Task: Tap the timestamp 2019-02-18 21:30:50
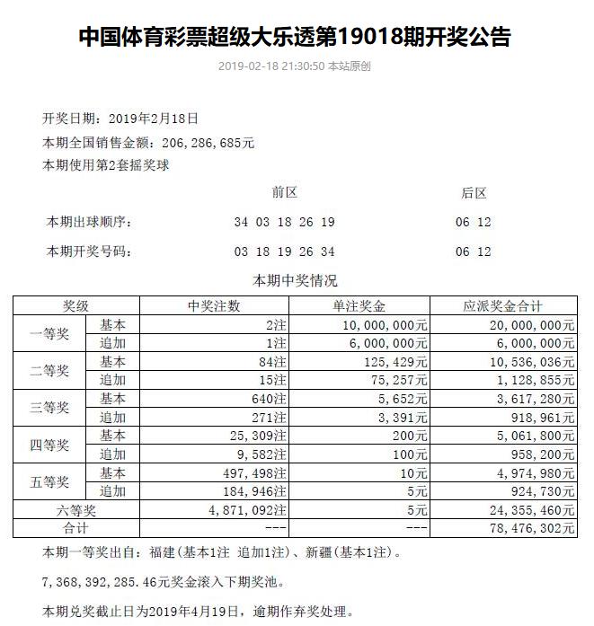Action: click(270, 66)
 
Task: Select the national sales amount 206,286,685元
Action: click(207, 142)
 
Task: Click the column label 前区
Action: click(284, 193)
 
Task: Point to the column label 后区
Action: click(474, 193)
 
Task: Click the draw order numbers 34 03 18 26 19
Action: click(284, 222)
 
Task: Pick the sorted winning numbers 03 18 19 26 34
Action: click(284, 251)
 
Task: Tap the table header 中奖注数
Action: click(215, 305)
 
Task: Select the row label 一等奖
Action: click(49, 333)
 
